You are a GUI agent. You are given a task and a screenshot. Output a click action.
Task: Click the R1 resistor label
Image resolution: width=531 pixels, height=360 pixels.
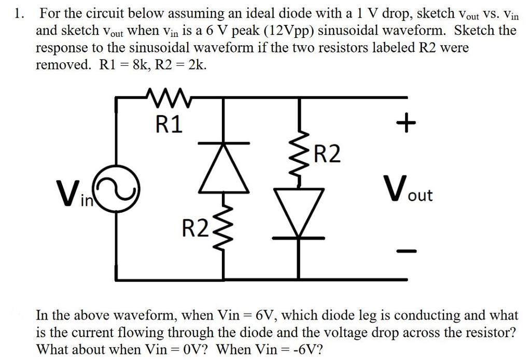pyautogui.click(x=169, y=125)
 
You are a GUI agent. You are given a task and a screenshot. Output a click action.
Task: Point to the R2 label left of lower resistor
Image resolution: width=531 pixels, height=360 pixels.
pyautogui.click(x=194, y=227)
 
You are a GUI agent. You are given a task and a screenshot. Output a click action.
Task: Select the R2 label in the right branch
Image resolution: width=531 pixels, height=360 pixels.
pyautogui.click(x=328, y=154)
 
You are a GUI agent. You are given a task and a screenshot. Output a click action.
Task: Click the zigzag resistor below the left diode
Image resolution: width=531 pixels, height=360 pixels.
pyautogui.click(x=225, y=228)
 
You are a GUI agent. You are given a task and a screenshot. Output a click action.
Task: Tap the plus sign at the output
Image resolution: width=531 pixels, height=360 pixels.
pyautogui.click(x=406, y=123)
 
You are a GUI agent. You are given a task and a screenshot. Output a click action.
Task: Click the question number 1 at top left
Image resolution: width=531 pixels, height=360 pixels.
pyautogui.click(x=19, y=14)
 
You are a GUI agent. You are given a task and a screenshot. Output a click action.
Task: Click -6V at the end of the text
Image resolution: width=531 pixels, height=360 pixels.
pyautogui.click(x=307, y=349)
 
